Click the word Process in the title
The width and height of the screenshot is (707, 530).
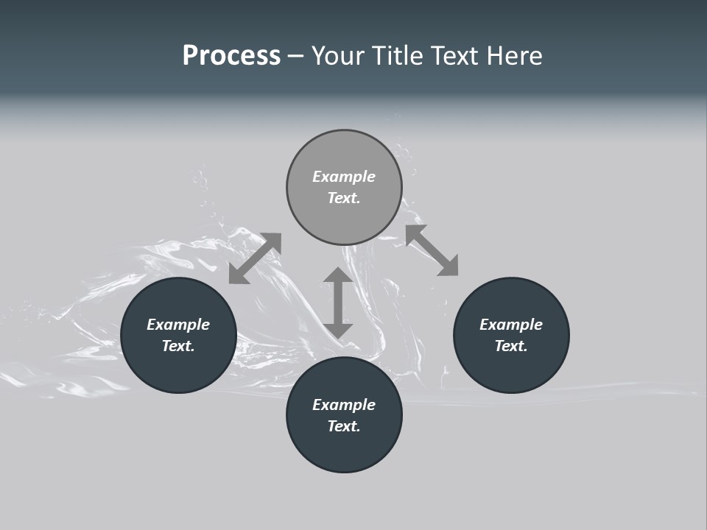pos(231,56)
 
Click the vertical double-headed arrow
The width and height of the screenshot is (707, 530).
pos(338,303)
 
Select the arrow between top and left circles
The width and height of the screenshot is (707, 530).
pos(255,258)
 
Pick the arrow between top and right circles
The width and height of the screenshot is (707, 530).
pos(432,251)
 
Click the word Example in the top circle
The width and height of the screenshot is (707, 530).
pos(344,177)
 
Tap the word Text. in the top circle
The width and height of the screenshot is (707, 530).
pos(344,198)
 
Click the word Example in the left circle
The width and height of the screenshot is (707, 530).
pos(178,325)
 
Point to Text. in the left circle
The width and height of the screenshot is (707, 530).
pos(178,346)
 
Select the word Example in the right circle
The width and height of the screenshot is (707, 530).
pos(511,325)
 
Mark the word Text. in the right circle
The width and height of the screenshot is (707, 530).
pos(511,346)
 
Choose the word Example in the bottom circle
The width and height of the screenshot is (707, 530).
pos(344,405)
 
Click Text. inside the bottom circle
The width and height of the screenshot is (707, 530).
pos(344,426)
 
